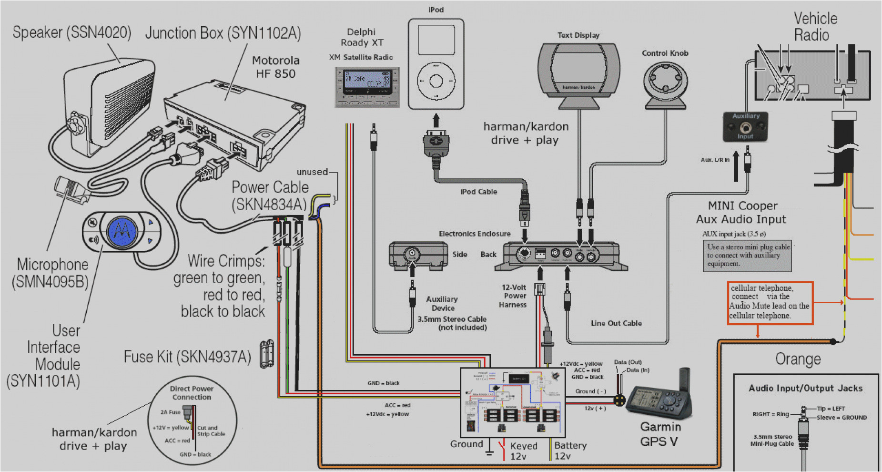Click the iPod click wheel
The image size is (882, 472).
tap(436, 81)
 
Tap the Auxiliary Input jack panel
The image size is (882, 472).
tap(745, 127)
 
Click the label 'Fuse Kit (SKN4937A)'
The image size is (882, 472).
tap(187, 357)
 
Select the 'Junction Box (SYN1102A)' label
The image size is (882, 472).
tap(223, 33)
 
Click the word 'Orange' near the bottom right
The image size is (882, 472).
tap(798, 359)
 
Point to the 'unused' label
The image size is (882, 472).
tap(312, 172)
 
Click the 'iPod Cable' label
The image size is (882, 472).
tap(478, 192)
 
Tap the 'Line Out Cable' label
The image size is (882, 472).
tap(616, 323)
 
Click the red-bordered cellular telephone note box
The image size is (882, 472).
tap(770, 302)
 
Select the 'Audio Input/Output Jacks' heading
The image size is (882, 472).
tap(805, 388)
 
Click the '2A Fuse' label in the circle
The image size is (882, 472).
tap(170, 412)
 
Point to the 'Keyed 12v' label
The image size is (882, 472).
tap(523, 451)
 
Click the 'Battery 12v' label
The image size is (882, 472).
tap(570, 451)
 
